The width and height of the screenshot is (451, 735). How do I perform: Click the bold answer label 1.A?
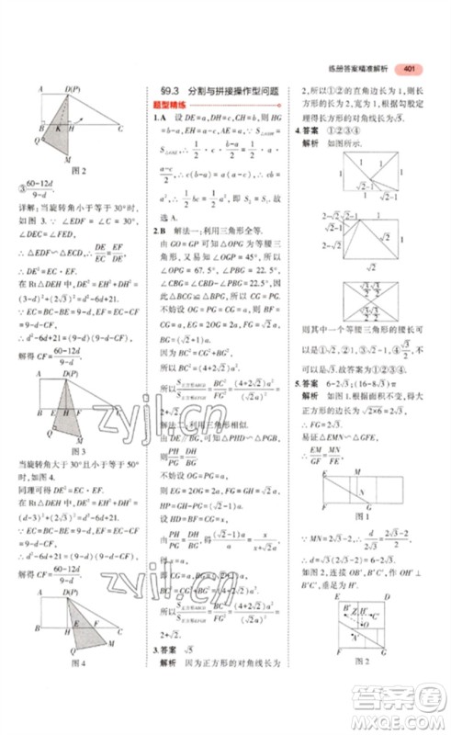click(158, 119)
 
